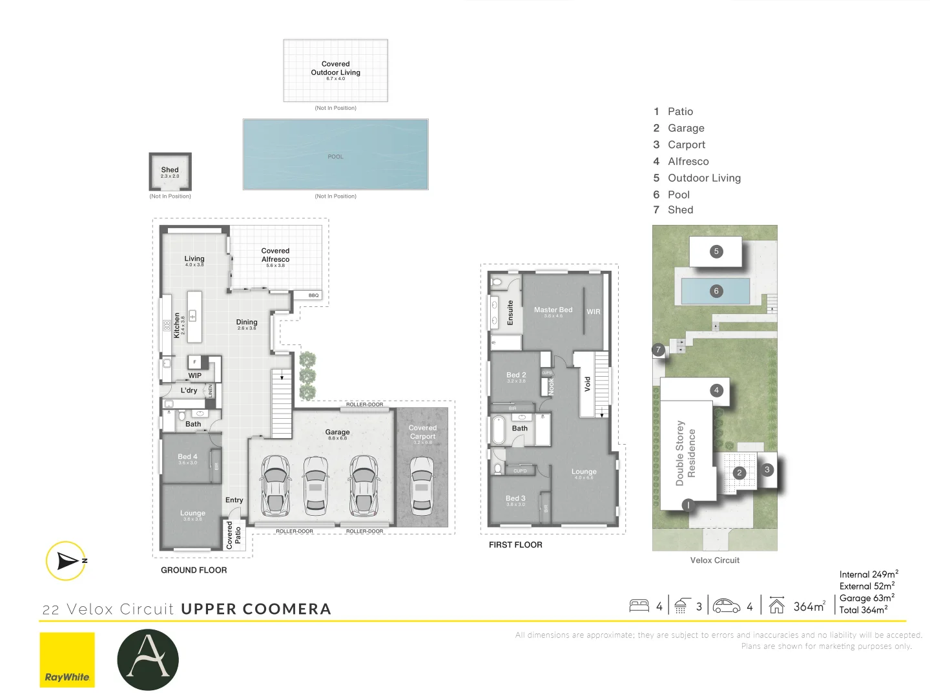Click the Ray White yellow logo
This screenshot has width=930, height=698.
[67, 659]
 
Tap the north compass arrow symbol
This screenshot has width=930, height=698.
[67, 560]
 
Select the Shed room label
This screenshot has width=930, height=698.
[170, 170]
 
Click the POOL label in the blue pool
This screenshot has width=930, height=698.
[335, 156]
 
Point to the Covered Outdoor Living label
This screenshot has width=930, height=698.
[335, 69]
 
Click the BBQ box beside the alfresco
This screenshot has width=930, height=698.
[313, 295]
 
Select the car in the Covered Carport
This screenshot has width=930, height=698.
[422, 485]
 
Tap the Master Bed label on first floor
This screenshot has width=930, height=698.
[553, 310]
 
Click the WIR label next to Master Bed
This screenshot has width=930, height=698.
[593, 312]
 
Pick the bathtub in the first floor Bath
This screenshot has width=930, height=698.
[498, 430]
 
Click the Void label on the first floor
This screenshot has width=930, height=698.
[587, 384]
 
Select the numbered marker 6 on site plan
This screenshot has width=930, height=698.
[716, 291]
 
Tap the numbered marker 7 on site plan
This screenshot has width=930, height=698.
[658, 350]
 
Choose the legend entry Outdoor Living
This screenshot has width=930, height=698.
[704, 178]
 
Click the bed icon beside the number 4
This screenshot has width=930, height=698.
[639, 606]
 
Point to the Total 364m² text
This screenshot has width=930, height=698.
[863, 609]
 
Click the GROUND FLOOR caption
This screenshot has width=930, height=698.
[194, 570]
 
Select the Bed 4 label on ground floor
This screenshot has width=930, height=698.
[187, 456]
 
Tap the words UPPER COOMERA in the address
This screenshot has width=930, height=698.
[256, 609]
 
